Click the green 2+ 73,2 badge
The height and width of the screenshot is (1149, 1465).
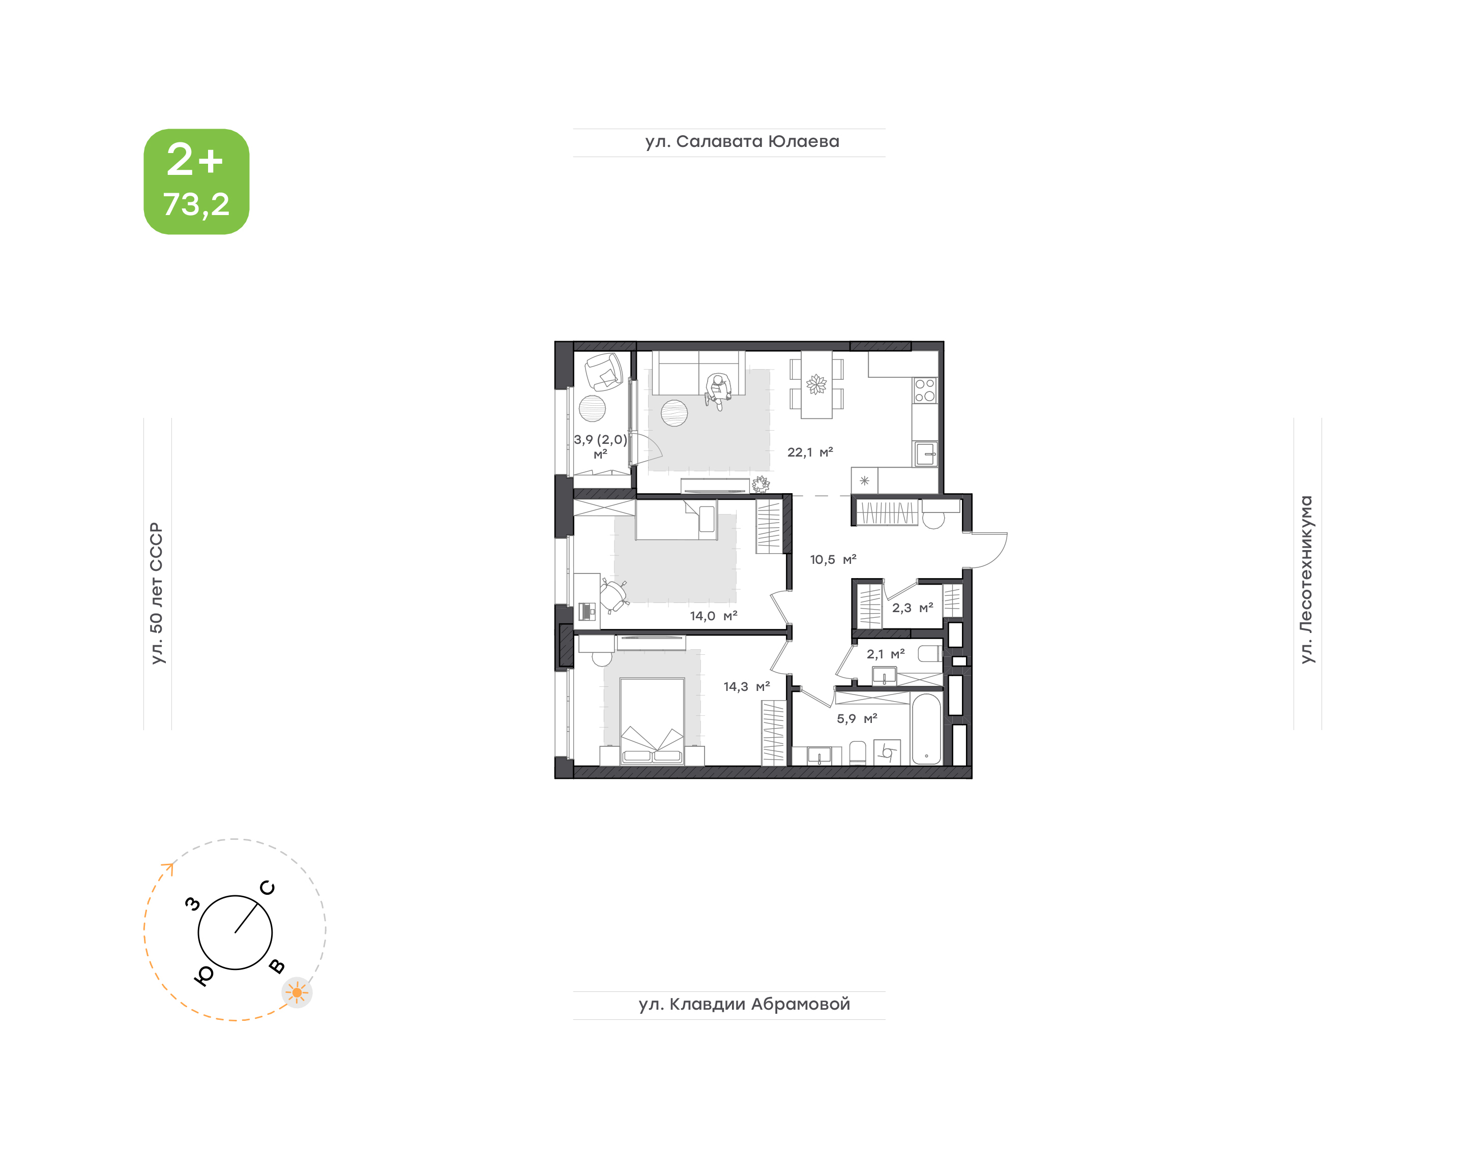196,182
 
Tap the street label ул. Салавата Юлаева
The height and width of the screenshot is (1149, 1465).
742,142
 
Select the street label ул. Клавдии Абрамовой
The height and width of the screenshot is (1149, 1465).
744,1005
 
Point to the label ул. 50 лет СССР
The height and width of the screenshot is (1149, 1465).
157,593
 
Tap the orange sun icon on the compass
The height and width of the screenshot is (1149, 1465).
297,992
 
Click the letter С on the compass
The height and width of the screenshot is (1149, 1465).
267,888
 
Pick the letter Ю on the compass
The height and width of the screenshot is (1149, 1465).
203,976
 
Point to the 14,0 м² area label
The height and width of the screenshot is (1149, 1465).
713,616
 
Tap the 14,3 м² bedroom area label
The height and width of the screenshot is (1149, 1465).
746,687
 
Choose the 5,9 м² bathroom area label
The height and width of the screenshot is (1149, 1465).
857,719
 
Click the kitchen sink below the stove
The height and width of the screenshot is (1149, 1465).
925,454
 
